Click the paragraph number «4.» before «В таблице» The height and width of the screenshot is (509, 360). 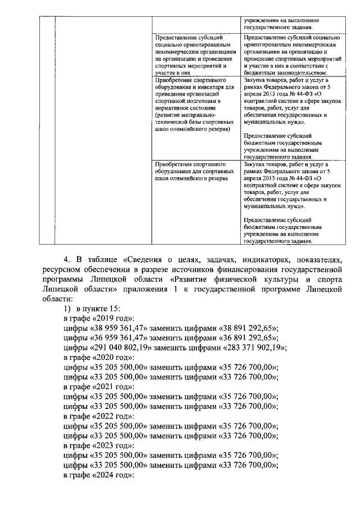pyautogui.click(x=67, y=259)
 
